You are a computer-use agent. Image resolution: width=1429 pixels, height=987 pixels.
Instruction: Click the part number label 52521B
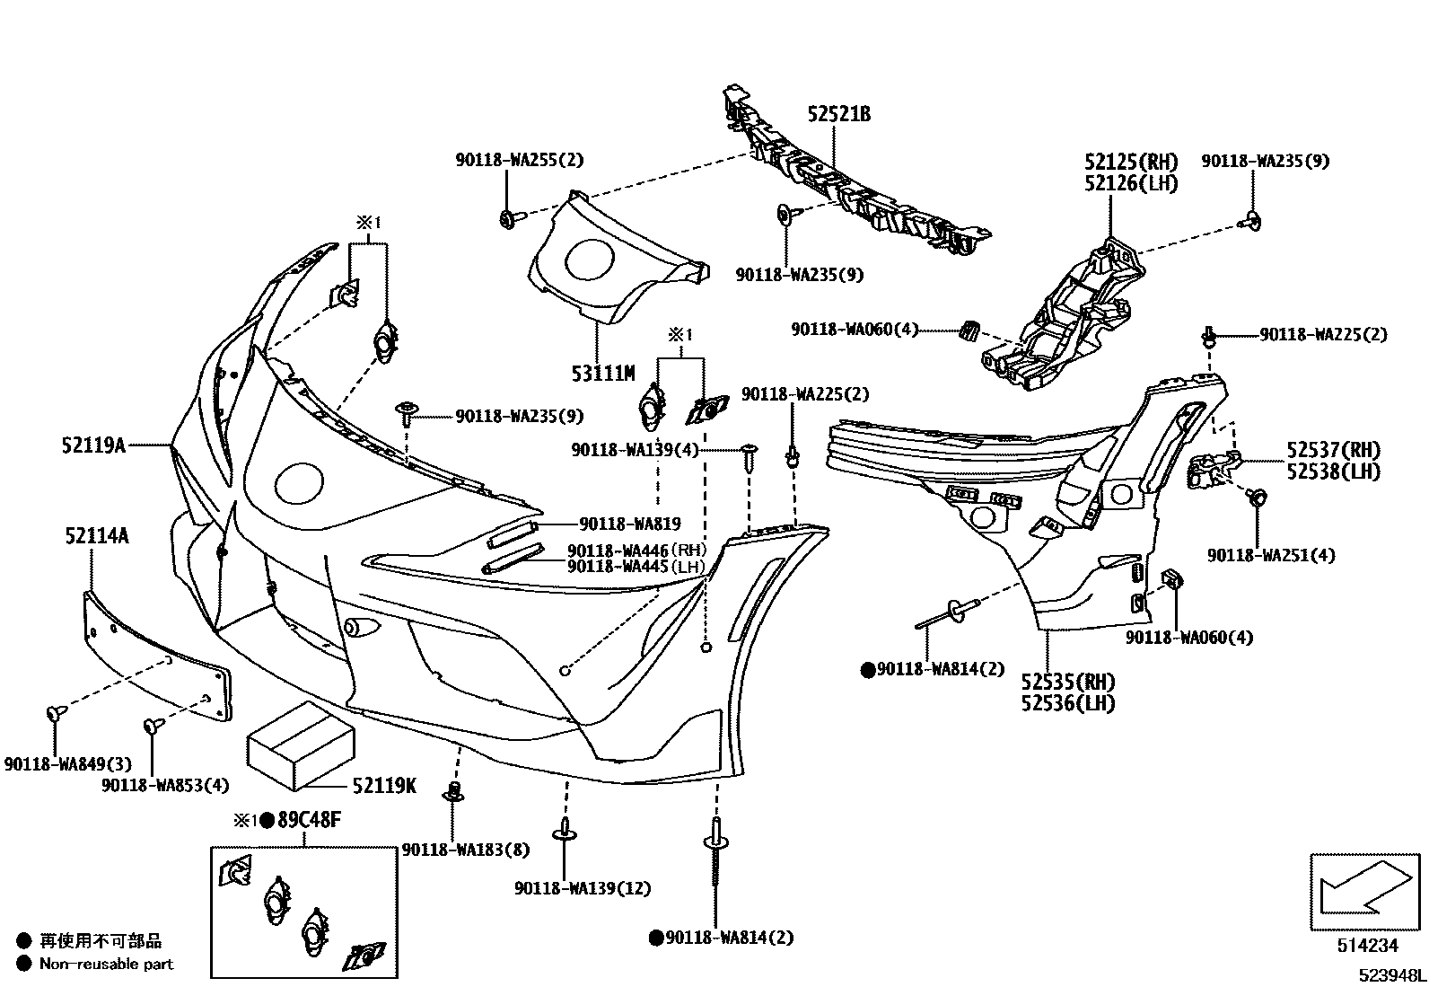[838, 115]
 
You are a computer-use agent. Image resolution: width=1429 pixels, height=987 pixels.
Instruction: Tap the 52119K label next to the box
[384, 785]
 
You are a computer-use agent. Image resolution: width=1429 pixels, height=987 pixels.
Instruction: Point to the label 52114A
[96, 536]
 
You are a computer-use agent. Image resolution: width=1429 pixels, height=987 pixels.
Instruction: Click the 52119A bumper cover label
[93, 444]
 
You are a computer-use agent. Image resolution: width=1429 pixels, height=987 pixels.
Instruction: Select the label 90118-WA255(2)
[519, 161]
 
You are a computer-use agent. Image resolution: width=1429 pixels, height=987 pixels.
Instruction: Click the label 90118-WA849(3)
[67, 764]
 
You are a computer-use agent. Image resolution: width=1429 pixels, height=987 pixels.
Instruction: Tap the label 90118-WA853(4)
[165, 785]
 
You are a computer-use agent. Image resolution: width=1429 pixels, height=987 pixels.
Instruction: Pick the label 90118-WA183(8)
[466, 850]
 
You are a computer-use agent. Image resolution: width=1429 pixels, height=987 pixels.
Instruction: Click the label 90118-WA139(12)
[583, 888]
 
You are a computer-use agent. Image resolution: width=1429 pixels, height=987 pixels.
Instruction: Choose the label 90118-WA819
[630, 524]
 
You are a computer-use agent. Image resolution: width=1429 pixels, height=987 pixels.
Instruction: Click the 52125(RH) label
[1130, 163]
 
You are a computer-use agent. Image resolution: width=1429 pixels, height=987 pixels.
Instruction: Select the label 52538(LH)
[1332, 471]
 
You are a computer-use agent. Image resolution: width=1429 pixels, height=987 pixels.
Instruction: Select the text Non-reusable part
[106, 964]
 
